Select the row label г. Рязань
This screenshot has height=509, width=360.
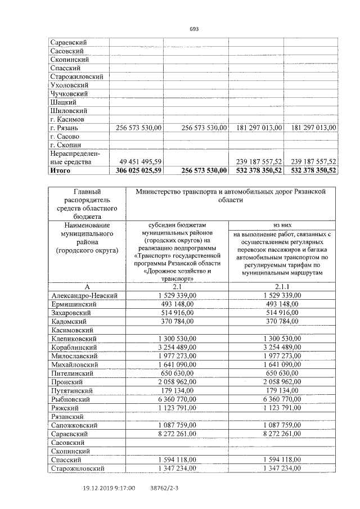point(67,128)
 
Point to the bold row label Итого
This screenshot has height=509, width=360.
point(61,169)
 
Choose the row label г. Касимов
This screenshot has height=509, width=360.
point(67,120)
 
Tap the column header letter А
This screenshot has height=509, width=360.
point(85,286)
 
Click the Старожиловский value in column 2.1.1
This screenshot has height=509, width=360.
point(282,467)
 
